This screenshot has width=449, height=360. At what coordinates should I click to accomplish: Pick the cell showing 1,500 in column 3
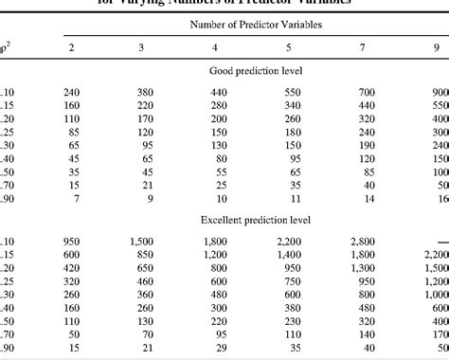coord(141,241)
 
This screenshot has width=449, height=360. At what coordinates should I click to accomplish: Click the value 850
coord(141,255)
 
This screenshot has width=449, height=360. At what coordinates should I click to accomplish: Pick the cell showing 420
coord(71,268)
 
